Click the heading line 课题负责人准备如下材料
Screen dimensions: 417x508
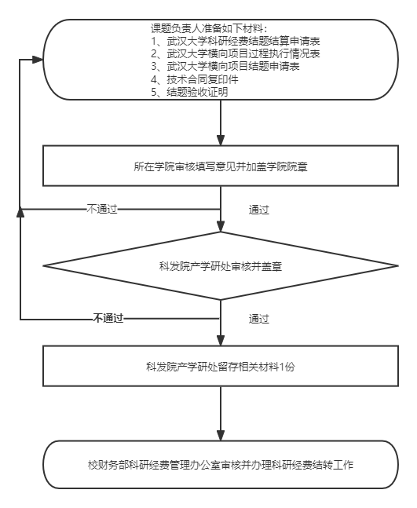(x=209, y=28)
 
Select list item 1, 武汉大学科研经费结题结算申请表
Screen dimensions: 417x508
(x=236, y=41)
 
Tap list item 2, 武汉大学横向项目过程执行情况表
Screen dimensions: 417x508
(x=236, y=53)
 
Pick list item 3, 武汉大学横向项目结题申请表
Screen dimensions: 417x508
(x=225, y=67)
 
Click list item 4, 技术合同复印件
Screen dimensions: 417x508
(x=195, y=79)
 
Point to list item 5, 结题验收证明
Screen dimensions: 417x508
(x=189, y=92)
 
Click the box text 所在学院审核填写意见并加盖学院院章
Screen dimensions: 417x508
(x=221, y=166)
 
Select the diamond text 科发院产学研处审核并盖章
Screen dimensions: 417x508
(x=221, y=266)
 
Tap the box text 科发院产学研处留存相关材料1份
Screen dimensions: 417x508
(x=221, y=367)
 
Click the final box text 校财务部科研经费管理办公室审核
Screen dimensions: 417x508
(x=164, y=466)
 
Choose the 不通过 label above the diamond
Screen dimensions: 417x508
(x=102, y=210)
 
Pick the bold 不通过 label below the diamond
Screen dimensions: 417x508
(x=108, y=319)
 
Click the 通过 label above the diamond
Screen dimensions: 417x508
(x=259, y=210)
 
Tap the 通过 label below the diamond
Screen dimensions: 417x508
(x=259, y=319)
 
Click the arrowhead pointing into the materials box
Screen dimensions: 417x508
(x=38, y=60)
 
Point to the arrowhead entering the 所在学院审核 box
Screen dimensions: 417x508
(x=221, y=141)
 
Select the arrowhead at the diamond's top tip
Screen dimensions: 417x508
(x=221, y=226)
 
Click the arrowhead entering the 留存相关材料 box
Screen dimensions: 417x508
(x=221, y=341)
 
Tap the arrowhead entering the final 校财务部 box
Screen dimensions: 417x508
(x=221, y=435)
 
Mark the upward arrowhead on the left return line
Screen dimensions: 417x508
(x=20, y=213)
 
